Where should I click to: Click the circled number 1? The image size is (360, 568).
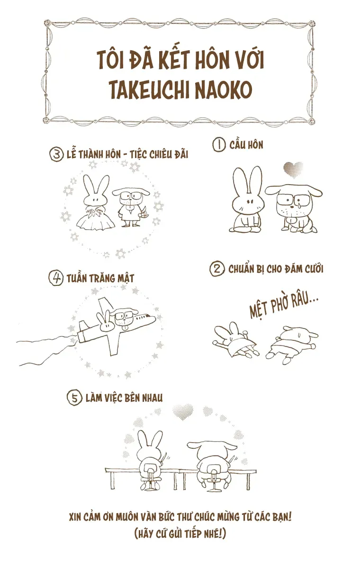pos(219,145)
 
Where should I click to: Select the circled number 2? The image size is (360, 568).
pos(216,269)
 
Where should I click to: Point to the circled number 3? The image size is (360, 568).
pos(56,154)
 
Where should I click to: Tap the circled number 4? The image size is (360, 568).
pos(56,278)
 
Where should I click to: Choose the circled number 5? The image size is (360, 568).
pos(74,398)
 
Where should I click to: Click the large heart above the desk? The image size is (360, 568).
pos(183,412)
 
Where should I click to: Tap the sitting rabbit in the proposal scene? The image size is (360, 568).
pos(247,201)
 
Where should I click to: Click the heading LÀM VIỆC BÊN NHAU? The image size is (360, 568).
pos(124,398)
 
